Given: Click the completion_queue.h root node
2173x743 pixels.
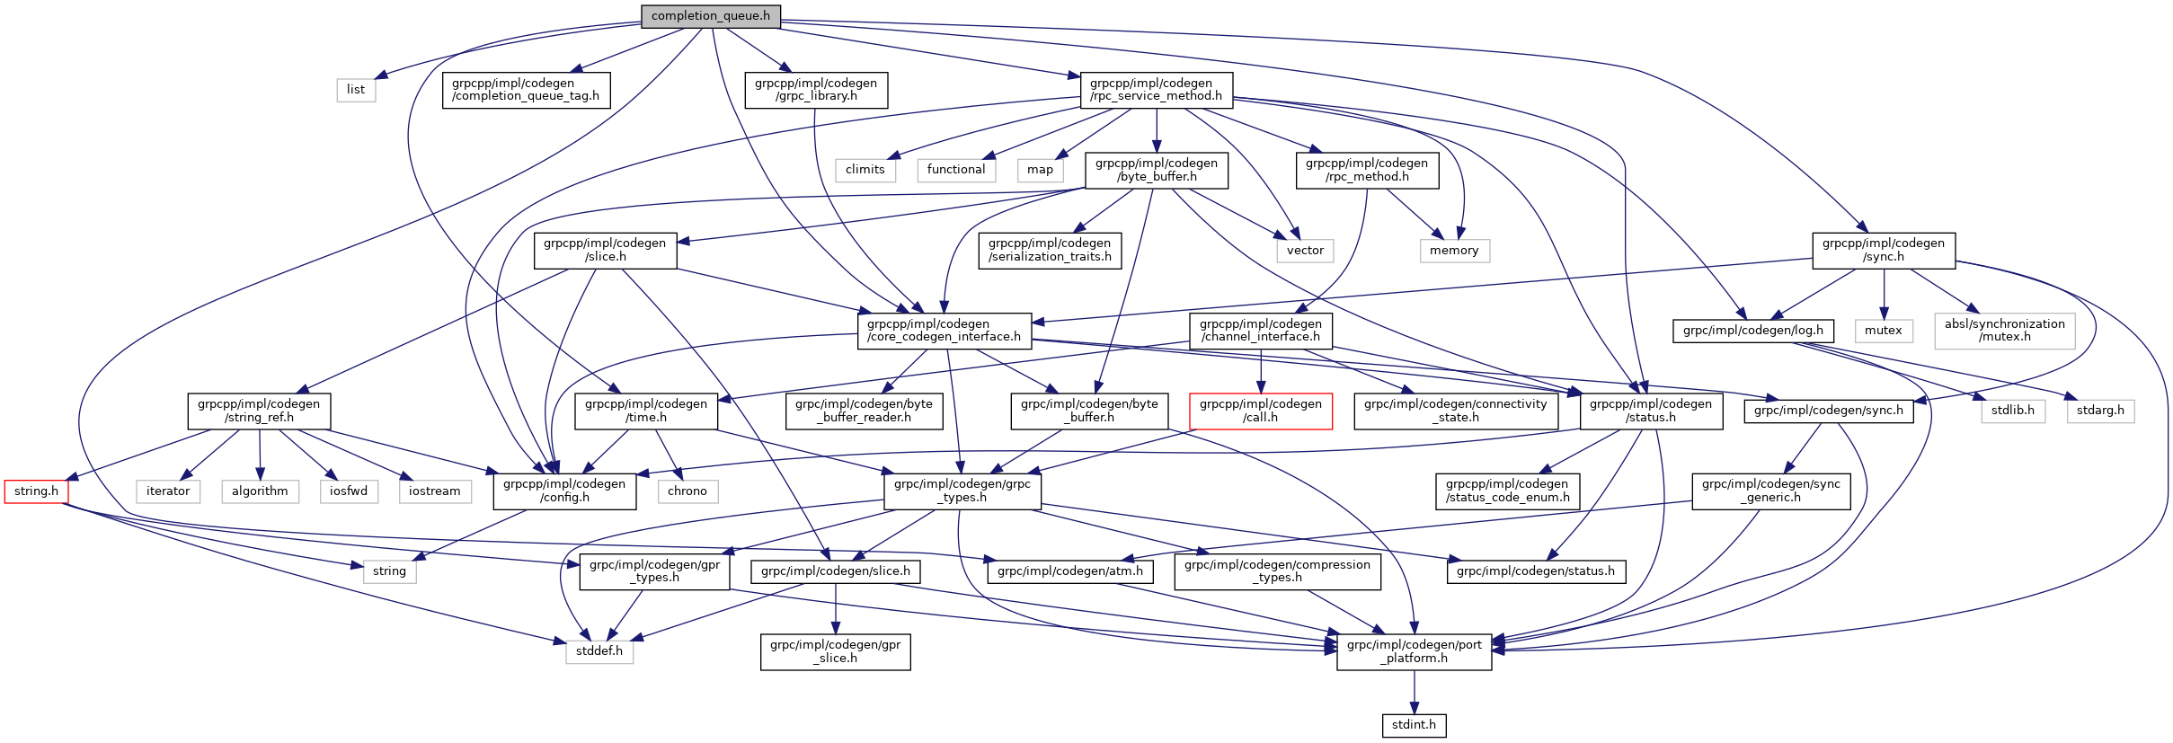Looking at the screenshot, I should (710, 15).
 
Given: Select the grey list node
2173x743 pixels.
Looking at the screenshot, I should (356, 89).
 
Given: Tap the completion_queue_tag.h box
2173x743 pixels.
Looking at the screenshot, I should (526, 90).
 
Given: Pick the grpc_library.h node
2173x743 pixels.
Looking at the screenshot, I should (816, 90).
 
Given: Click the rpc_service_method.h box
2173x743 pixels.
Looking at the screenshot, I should (1155, 90).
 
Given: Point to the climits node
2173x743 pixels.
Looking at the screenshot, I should (865, 169).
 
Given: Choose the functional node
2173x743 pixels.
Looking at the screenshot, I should (955, 169).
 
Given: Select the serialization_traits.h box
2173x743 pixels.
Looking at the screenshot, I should (1049, 250).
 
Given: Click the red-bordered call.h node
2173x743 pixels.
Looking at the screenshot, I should (1260, 411).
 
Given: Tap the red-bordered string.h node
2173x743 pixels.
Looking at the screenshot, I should (36, 491).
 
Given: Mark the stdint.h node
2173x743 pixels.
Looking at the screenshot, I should (1414, 724).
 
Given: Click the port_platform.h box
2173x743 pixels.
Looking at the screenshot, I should (1414, 651).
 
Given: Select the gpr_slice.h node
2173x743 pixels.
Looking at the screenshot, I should (835, 651).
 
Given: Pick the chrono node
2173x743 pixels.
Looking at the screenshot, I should (687, 491).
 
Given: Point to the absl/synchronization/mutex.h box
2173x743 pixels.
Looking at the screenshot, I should (2004, 331).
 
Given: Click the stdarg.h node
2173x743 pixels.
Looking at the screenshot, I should (2100, 411).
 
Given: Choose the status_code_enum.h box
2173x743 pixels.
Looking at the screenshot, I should (1507, 491).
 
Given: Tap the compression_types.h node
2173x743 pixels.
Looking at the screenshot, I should (1276, 571).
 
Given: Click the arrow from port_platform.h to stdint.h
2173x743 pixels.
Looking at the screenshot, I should (1414, 692).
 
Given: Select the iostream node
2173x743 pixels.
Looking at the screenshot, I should (434, 491).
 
